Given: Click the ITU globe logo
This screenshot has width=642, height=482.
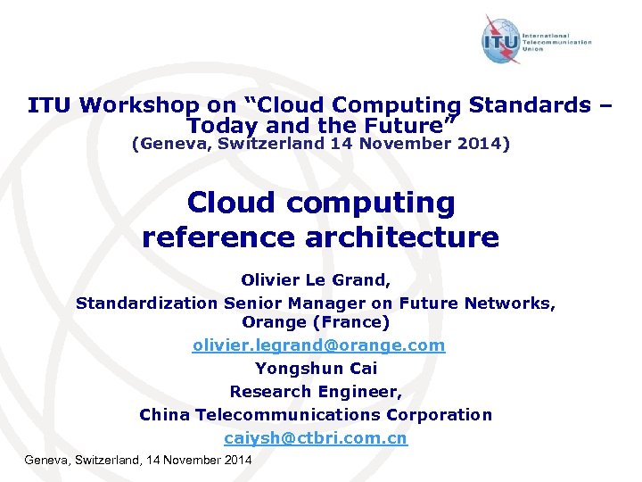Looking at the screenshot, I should pyautogui.click(x=502, y=41).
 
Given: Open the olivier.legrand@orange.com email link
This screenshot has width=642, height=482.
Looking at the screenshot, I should pyautogui.click(x=318, y=345).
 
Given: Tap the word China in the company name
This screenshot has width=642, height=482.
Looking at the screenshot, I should pyautogui.click(x=164, y=414).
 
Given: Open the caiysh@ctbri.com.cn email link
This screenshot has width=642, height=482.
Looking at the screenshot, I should pyautogui.click(x=316, y=438).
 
